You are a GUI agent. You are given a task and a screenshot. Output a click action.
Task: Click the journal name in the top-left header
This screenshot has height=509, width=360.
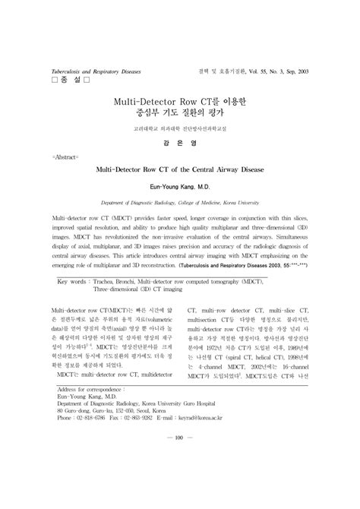click(96, 69)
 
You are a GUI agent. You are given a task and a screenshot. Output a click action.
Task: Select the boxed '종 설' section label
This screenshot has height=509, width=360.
click(69, 80)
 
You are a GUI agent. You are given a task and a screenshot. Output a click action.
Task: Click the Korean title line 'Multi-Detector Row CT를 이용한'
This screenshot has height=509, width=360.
click(180, 100)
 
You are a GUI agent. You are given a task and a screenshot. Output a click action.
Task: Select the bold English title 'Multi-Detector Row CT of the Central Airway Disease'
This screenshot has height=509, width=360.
click(180, 172)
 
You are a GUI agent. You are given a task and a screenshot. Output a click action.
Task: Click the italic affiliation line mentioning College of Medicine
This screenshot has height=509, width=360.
click(180, 204)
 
